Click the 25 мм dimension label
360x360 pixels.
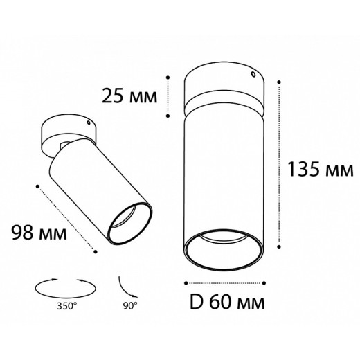click(129, 96)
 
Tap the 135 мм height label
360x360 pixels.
click(321, 169)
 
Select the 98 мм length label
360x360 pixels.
click(39, 233)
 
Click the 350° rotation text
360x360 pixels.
click(67, 306)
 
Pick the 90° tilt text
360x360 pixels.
click(130, 306)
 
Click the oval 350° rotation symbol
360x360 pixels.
click(66, 288)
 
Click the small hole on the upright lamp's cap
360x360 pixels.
click(253, 74)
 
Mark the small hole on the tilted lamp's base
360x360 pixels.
click(88, 123)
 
